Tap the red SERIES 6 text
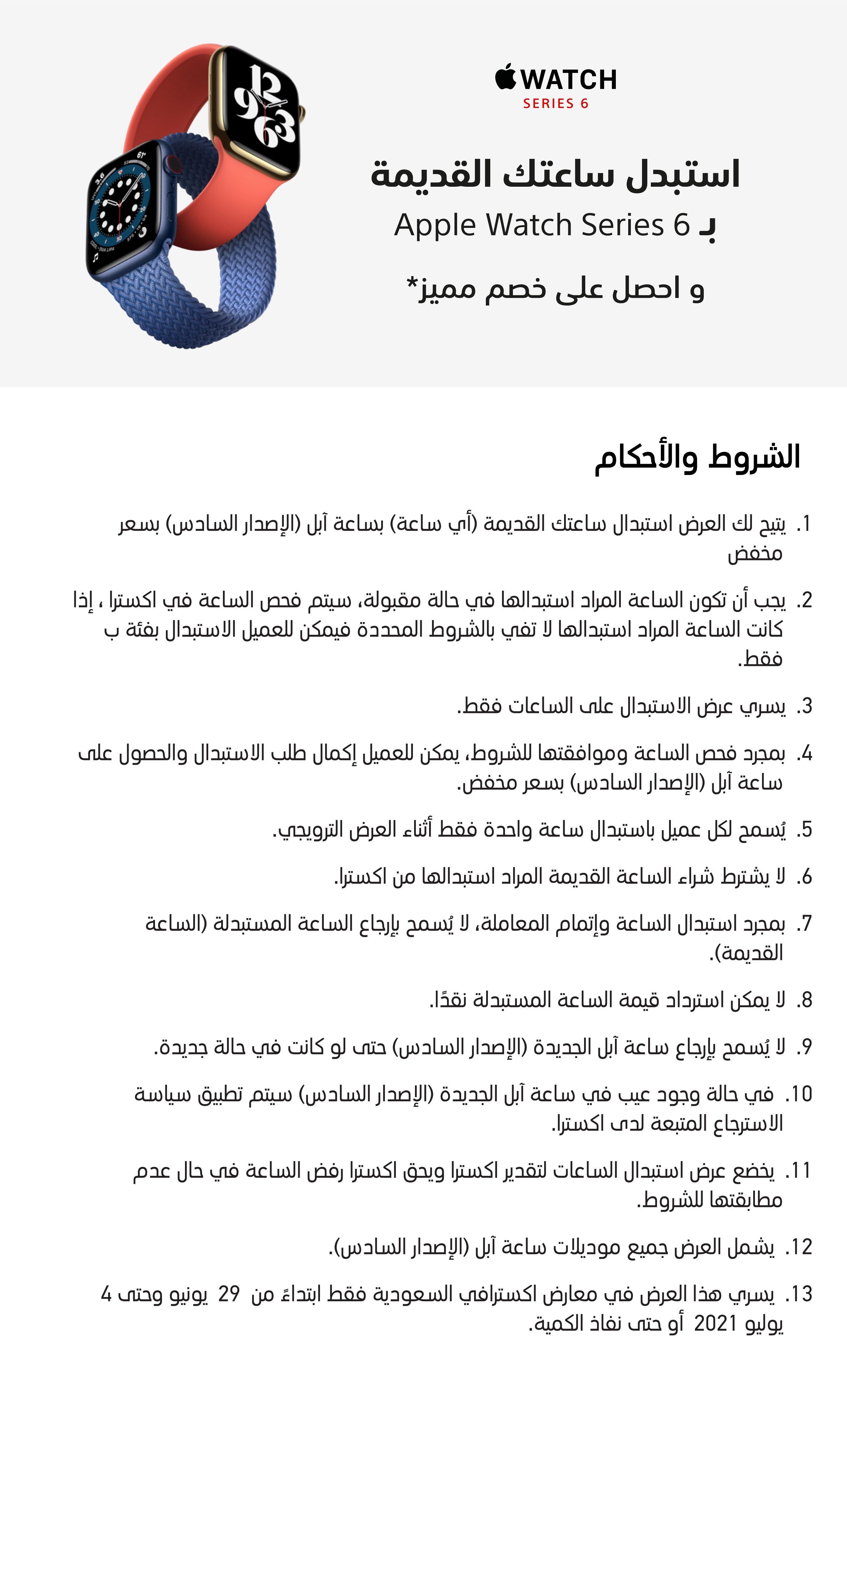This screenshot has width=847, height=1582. (556, 104)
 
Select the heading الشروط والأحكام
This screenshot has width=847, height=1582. (697, 458)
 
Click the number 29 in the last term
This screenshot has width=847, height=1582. (229, 1294)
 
